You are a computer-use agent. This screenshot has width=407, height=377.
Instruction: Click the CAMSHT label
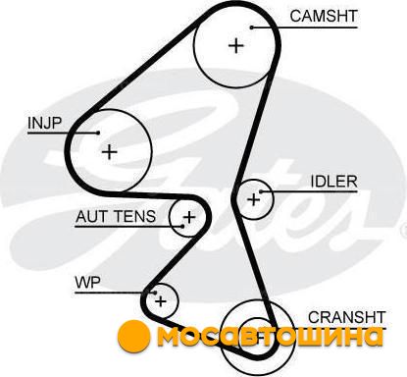(324, 16)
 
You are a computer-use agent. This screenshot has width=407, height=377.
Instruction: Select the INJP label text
(45, 123)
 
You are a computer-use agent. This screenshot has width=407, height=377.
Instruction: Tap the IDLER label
(333, 182)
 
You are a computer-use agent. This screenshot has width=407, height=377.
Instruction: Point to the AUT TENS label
(116, 216)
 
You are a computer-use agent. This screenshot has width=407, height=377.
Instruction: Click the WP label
(88, 283)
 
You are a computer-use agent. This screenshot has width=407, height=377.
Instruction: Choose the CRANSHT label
(347, 317)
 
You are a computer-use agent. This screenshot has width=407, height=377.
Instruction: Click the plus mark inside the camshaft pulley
(236, 45)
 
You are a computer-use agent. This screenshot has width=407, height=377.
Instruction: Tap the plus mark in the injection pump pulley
(110, 152)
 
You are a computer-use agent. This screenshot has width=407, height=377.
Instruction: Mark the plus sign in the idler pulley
(254, 199)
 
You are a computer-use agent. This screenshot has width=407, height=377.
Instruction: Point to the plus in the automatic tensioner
(189, 217)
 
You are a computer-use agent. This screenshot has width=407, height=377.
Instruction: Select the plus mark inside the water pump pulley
(161, 301)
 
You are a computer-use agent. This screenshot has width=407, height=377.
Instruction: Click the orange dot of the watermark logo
(133, 336)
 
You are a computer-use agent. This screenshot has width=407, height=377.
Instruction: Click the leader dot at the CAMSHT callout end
(252, 27)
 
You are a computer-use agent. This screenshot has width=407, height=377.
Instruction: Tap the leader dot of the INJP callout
(98, 133)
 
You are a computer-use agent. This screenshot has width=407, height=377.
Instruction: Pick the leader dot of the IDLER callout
(261, 191)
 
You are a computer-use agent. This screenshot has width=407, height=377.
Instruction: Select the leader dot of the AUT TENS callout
(182, 226)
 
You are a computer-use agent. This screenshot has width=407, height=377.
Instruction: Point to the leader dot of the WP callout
(156, 293)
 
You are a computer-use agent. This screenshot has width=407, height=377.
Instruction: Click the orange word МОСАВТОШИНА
(270, 336)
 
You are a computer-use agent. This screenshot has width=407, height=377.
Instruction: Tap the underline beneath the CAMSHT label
(304, 27)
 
